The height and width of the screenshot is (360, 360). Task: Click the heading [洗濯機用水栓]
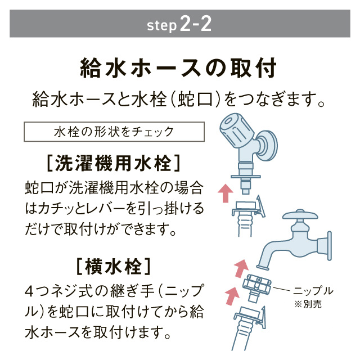point(113,163)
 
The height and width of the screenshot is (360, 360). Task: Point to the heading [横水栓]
point(113,263)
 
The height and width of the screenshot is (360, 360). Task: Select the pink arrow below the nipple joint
point(231,294)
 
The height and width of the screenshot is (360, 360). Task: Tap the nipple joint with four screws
point(258,285)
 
